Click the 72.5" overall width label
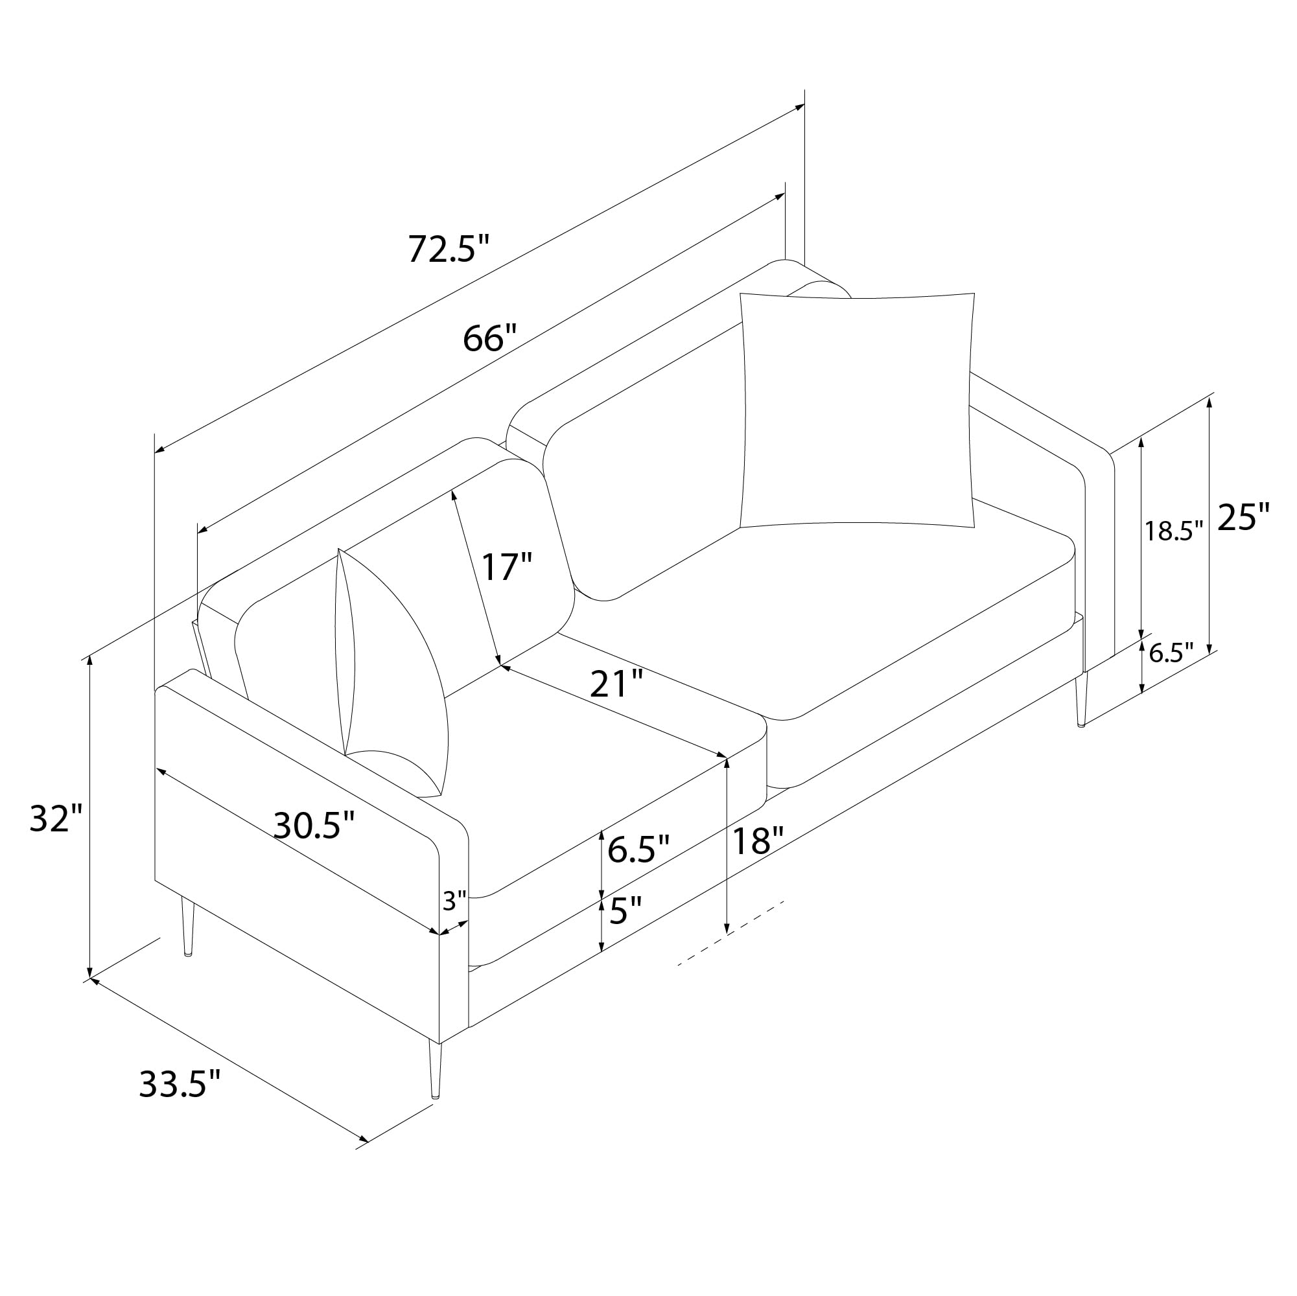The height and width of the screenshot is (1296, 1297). pyautogui.click(x=449, y=248)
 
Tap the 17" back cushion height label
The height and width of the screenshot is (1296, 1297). pyautogui.click(x=507, y=566)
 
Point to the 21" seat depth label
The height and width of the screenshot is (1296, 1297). pyautogui.click(x=616, y=684)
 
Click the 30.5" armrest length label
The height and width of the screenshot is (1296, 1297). pyautogui.click(x=314, y=825)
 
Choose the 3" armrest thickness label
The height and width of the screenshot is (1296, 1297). pyautogui.click(x=454, y=901)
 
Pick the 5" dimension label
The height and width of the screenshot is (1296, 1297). pyautogui.click(x=625, y=912)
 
